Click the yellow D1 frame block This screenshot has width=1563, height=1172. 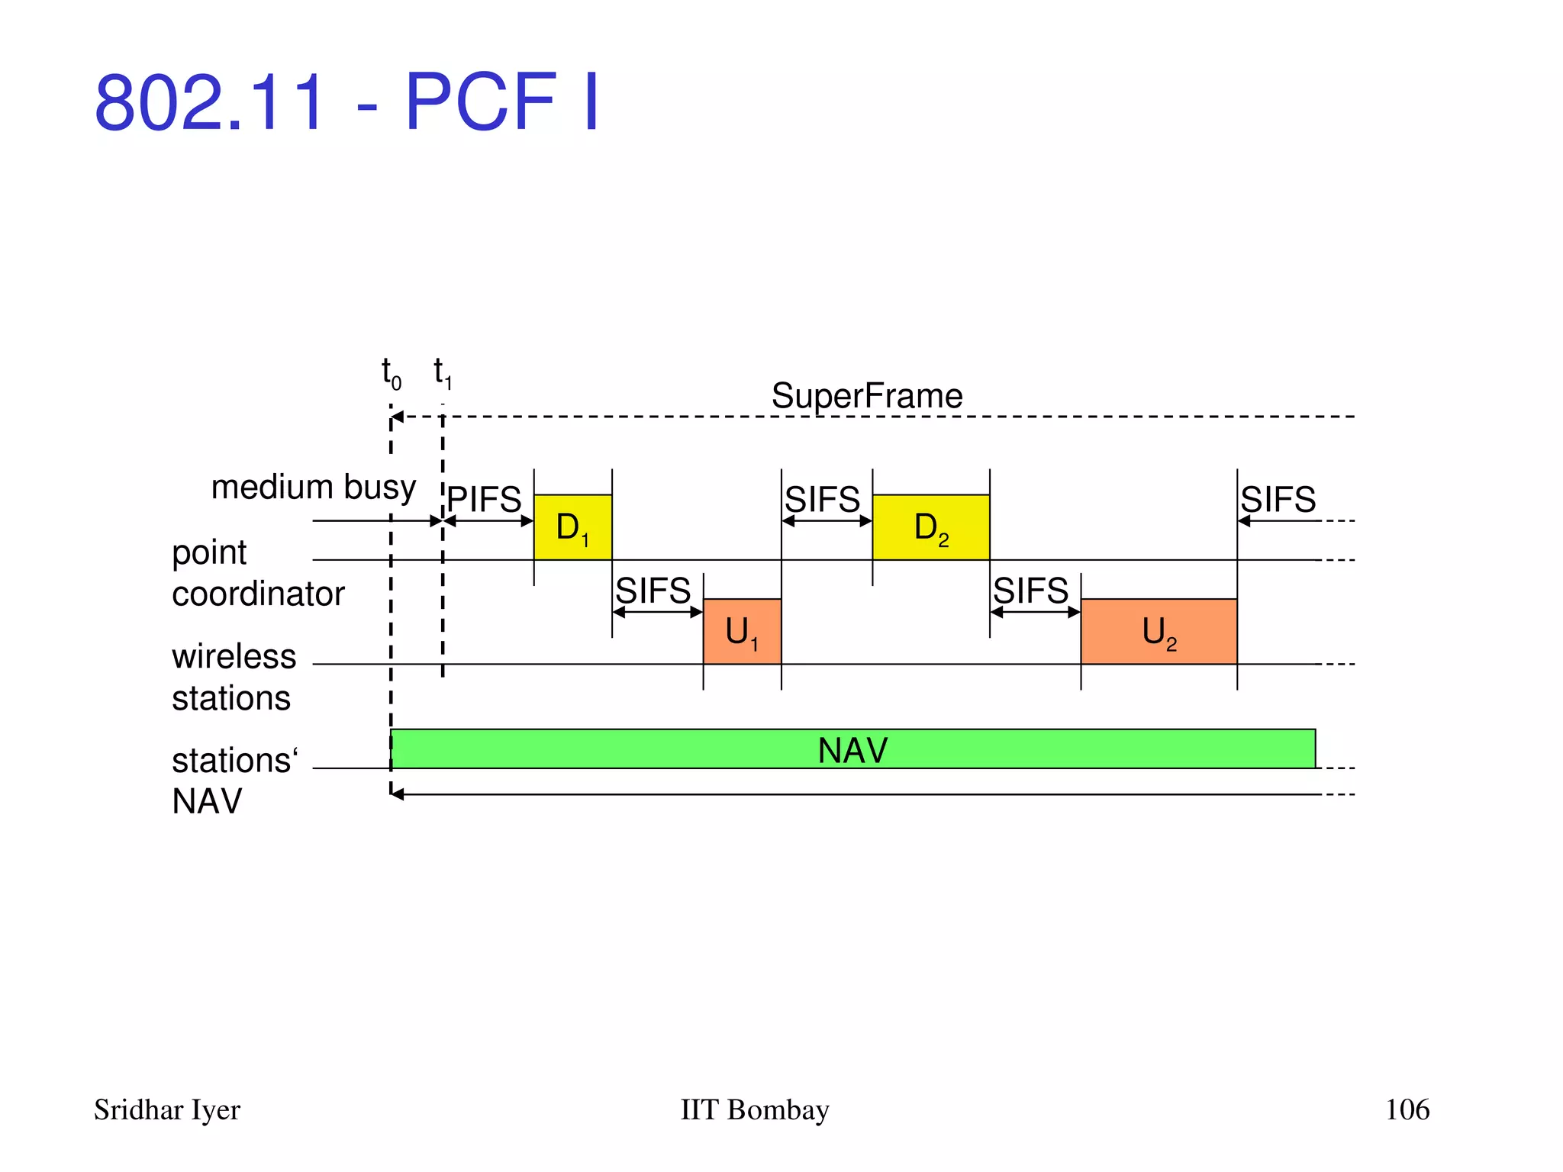coord(572,527)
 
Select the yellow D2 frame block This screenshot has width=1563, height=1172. coord(930,527)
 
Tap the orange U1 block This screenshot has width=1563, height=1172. coord(742,632)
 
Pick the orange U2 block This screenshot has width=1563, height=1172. coord(1159,632)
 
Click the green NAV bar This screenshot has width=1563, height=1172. coord(852,749)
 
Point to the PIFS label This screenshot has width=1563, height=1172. coord(484,500)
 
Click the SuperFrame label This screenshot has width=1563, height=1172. coord(867,396)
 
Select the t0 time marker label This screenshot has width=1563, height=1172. coord(391,373)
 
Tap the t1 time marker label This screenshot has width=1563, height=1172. coord(443,373)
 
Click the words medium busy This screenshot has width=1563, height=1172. coord(314,487)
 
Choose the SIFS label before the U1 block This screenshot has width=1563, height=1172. coord(653,591)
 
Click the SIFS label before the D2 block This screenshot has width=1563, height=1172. coord(822,500)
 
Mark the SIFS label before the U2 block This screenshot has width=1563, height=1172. coord(1030,591)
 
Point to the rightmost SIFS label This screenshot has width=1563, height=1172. coord(1278,500)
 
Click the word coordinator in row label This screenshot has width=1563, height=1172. coord(258,594)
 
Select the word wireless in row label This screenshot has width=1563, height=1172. coord(234,656)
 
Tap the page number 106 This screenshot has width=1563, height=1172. coord(1407,1109)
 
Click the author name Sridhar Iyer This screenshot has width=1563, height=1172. coord(166,1110)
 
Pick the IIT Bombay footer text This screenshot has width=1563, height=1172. coord(754,1109)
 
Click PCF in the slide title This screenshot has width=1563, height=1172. coord(480,102)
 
